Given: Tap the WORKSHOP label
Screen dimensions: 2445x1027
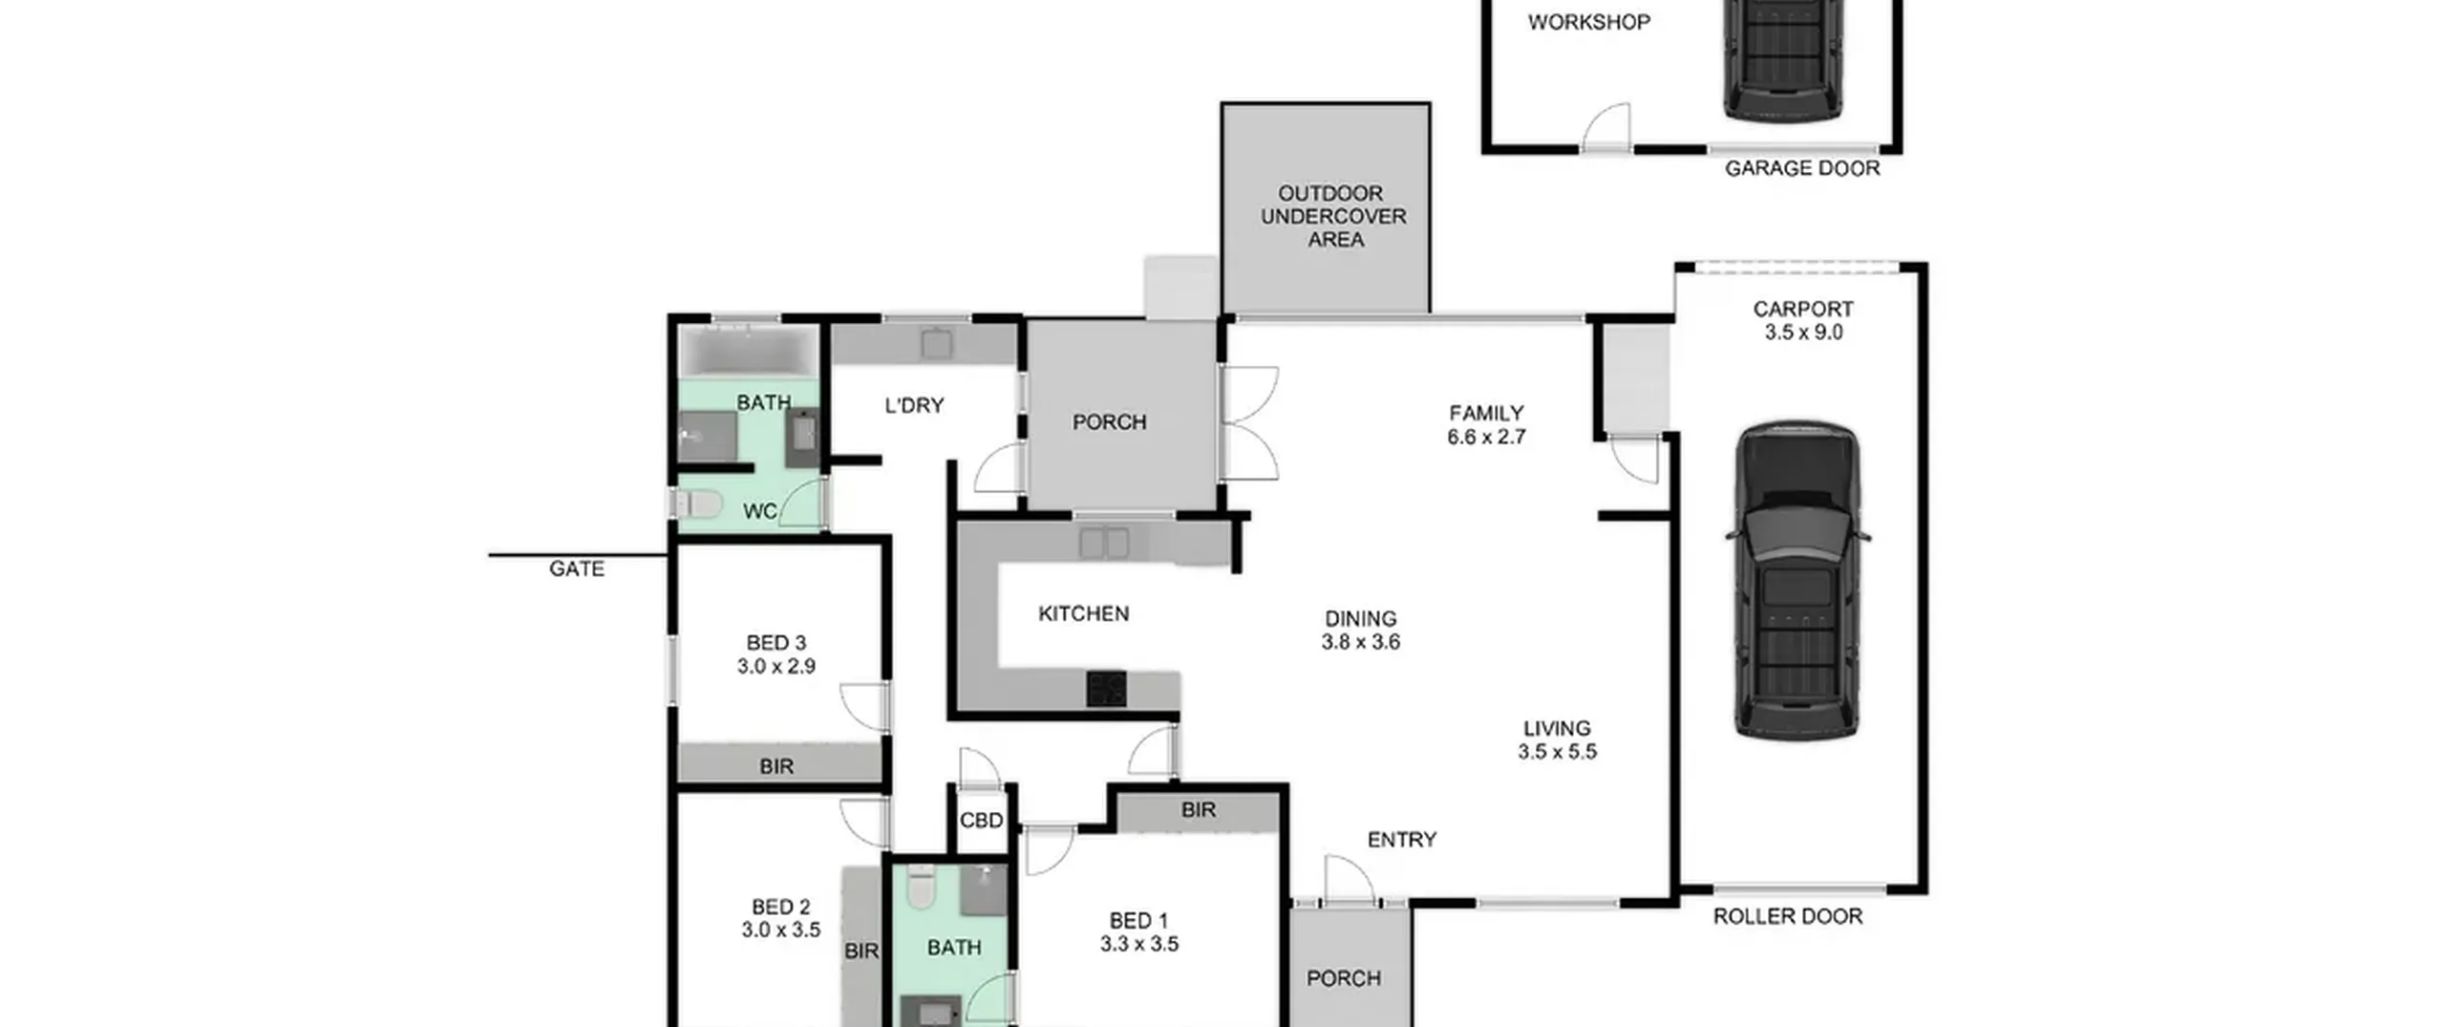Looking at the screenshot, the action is [x=1588, y=22].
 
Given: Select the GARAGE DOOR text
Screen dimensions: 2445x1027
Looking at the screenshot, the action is [x=1801, y=168].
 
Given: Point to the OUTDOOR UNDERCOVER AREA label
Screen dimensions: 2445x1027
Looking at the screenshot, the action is [x=1333, y=216].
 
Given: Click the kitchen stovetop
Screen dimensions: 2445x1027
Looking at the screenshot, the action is [x=1106, y=689].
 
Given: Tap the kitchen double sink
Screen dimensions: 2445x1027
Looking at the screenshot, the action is [x=1104, y=543].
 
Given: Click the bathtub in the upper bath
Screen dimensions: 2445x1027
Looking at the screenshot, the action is [x=749, y=351].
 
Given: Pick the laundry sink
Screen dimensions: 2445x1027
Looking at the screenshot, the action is [x=936, y=343].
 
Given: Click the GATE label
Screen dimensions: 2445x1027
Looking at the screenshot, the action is [x=576, y=568].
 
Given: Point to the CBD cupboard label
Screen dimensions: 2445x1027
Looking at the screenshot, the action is [x=981, y=821].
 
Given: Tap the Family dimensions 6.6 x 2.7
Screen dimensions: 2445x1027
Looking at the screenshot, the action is [x=1486, y=437].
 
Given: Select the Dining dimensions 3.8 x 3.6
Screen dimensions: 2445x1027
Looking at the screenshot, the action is [x=1360, y=642].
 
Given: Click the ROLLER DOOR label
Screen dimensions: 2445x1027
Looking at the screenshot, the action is [x=1787, y=916].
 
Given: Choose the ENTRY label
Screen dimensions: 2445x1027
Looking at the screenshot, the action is [x=1401, y=840].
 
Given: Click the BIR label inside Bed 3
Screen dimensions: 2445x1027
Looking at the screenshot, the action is [x=776, y=766].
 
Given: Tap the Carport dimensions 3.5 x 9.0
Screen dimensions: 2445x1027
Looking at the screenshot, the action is [x=1803, y=332].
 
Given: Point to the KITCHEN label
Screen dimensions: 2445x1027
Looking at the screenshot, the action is [x=1083, y=613].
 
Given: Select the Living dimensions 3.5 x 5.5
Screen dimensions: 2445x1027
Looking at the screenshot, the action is [x=1557, y=752].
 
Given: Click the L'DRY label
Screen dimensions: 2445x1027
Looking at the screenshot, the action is [x=914, y=405].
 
